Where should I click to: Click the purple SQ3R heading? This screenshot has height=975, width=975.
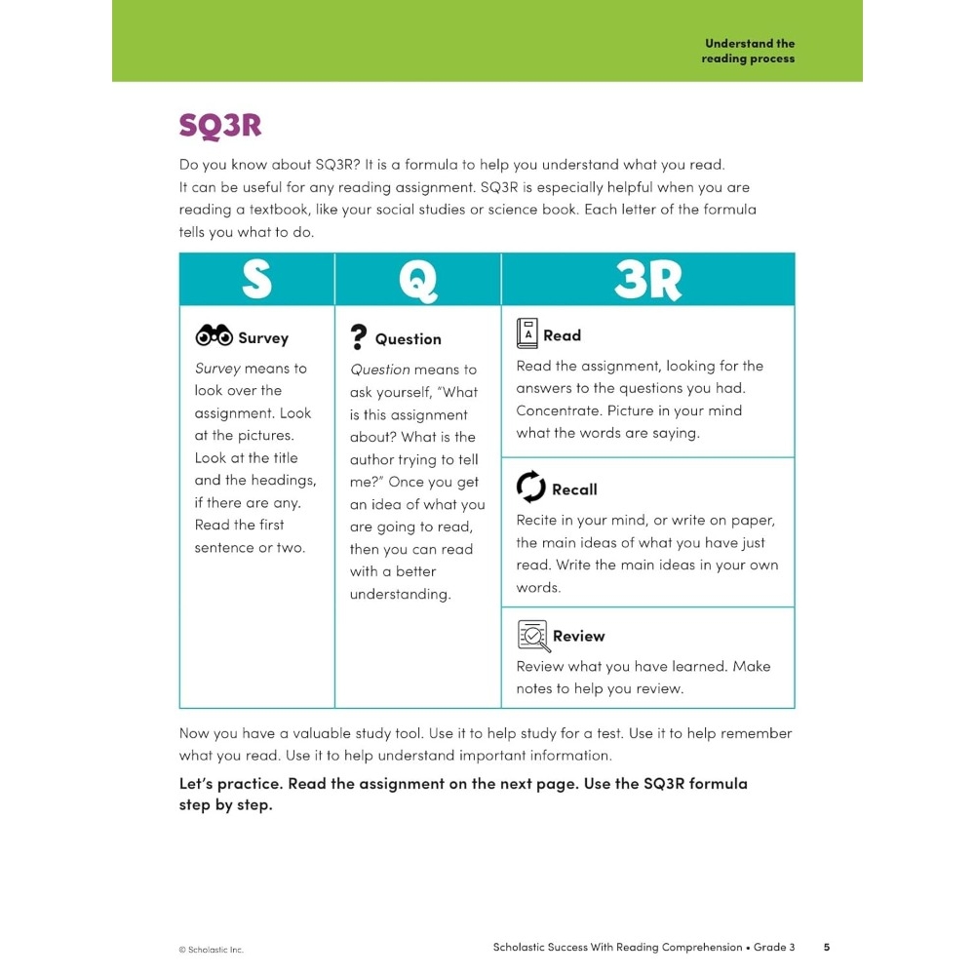pos(220,127)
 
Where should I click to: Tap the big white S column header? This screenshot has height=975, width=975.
pos(256,280)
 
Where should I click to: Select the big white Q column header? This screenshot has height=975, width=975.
pos(417,281)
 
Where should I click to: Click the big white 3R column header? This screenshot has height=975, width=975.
pos(647,280)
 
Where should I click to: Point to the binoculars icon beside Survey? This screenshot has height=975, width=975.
pos(214,336)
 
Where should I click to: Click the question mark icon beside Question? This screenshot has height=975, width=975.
pos(359,337)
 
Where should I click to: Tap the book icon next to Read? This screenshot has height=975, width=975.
pos(526,333)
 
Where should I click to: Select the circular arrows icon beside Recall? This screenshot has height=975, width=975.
pos(530,487)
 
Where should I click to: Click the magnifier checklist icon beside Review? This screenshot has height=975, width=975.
pos(532,636)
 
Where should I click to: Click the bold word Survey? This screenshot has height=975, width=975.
pos(263,338)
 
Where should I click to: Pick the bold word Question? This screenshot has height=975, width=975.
pos(408,339)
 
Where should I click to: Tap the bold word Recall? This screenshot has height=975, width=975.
pos(574,489)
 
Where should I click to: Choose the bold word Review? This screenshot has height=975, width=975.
pos(578,637)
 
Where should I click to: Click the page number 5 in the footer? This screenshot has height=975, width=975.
pos(826,947)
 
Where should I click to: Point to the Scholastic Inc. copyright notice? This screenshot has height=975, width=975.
pos(211,950)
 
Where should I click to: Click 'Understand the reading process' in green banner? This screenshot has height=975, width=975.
pos(749,51)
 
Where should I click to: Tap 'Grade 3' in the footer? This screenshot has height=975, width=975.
pos(775,947)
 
